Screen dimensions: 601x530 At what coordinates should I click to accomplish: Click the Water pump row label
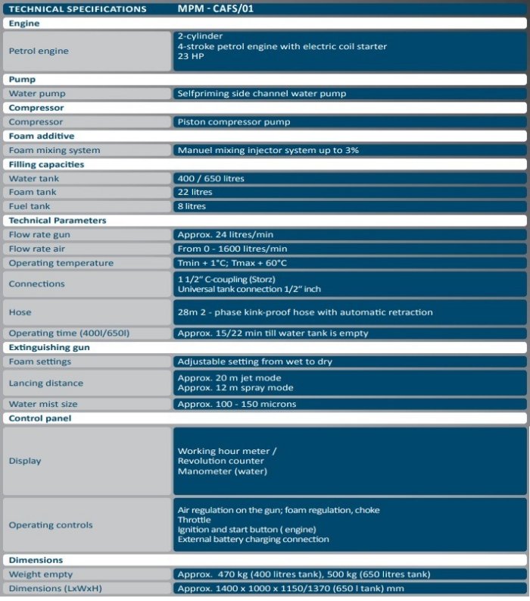pyautogui.click(x=37, y=94)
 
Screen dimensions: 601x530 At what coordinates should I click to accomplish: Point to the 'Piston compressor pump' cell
pyautogui.click(x=233, y=121)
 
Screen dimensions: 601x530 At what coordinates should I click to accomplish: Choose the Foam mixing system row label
pyautogui.click(x=55, y=150)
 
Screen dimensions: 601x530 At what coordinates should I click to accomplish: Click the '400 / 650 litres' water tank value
pyautogui.click(x=211, y=178)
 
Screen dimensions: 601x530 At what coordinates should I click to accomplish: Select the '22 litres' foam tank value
pyautogui.click(x=196, y=192)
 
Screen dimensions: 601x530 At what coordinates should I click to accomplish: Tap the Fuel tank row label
pyautogui.click(x=30, y=206)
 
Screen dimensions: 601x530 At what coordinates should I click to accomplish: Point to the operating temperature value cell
pyautogui.click(x=232, y=263)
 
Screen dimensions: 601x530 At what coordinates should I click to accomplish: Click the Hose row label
pyautogui.click(x=20, y=311)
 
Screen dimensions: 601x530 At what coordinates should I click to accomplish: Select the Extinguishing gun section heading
pyautogui.click(x=51, y=347)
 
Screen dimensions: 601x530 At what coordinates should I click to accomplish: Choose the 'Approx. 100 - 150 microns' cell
pyautogui.click(x=236, y=404)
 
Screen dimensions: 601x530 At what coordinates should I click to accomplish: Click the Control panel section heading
pyautogui.click(x=40, y=418)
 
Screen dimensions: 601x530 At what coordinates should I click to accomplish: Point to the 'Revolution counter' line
pyautogui.click(x=220, y=461)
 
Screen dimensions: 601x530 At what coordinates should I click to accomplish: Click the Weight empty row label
pyautogui.click(x=41, y=574)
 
